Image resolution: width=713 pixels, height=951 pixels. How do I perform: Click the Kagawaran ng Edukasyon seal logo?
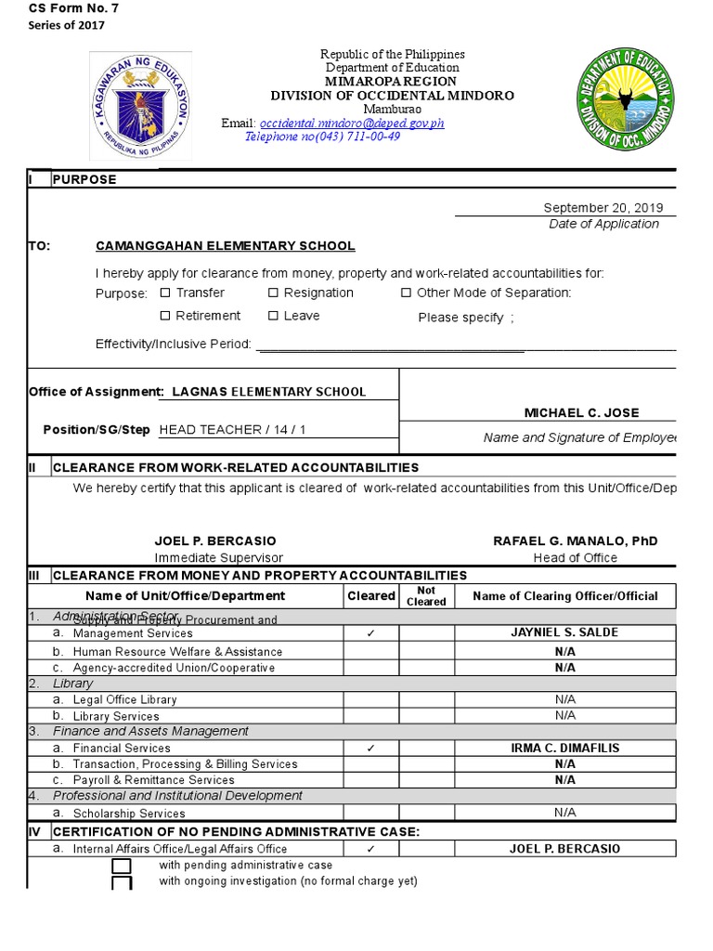pyautogui.click(x=139, y=105)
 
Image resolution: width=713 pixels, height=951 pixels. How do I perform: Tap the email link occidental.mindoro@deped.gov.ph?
pyautogui.click(x=352, y=123)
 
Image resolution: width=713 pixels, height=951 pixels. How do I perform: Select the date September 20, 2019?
pyautogui.click(x=603, y=208)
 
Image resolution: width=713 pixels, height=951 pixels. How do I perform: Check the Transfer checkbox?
pyautogui.click(x=165, y=293)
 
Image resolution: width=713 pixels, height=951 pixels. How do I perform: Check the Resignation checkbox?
pyautogui.click(x=274, y=293)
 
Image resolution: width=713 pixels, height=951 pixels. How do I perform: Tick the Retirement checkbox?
pyautogui.click(x=165, y=317)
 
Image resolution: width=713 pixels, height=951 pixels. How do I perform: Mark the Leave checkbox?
pyautogui.click(x=274, y=317)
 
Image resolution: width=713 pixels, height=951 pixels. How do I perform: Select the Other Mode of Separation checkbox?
pyautogui.click(x=406, y=293)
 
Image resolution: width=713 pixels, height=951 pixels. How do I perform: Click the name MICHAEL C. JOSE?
pyautogui.click(x=581, y=412)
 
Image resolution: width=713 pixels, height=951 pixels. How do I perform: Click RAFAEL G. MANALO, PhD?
pyautogui.click(x=575, y=541)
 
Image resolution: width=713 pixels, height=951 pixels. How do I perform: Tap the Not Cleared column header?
pyautogui.click(x=426, y=595)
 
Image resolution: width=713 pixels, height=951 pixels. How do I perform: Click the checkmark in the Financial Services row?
pyautogui.click(x=370, y=748)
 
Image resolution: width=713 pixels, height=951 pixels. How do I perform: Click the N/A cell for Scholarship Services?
pyautogui.click(x=564, y=813)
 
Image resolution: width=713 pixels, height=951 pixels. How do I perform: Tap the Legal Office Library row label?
pyautogui.click(x=124, y=699)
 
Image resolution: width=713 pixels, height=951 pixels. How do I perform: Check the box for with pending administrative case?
pyautogui.click(x=122, y=866)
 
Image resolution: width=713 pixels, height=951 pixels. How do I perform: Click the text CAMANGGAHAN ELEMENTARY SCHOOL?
pyautogui.click(x=225, y=246)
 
